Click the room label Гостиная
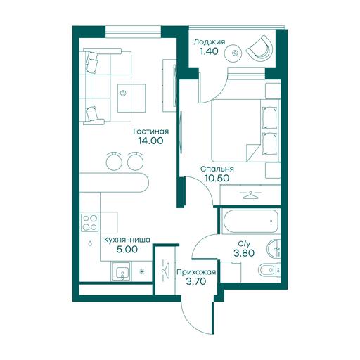click(150, 131)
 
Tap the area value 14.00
click(150, 141)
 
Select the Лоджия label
click(210, 42)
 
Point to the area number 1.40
click(209, 51)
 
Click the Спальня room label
click(217, 169)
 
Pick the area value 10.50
click(217, 179)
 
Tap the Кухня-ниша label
click(127, 240)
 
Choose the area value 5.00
click(127, 250)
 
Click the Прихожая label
click(196, 272)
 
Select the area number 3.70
click(196, 281)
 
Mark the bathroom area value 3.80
click(244, 253)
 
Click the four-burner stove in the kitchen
click(90, 223)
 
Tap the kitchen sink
click(121, 271)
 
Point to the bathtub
click(251, 221)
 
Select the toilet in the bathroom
click(269, 270)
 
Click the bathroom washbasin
click(274, 249)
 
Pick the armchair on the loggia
click(260, 49)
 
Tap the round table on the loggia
click(234, 53)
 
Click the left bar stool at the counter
click(114, 160)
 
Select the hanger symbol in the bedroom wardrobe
click(250, 195)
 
